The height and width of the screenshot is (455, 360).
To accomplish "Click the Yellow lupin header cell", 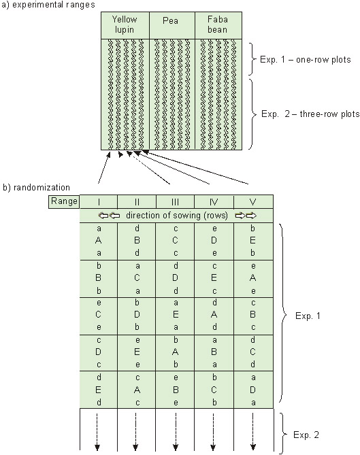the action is pos(125,25).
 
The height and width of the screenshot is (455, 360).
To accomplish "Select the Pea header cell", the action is pos(172,25).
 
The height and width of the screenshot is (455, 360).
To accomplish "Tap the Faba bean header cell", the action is pos(218,25).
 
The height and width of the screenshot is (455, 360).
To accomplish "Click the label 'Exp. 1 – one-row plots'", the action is pos(305,59).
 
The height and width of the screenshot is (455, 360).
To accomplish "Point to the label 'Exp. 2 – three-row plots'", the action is pos(310,114).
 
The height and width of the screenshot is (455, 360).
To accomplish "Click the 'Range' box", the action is pos(64,201).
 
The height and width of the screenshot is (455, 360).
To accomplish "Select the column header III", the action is pos(175,202).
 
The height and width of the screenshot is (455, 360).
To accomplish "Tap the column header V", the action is pos(253,202).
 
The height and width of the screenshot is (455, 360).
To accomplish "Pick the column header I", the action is pos(99,202).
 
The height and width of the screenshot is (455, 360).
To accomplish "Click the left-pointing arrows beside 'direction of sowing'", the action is pos(110,216).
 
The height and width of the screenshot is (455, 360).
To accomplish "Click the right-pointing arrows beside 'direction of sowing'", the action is pos(246,216).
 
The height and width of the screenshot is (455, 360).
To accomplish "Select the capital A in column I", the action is pos(99,240).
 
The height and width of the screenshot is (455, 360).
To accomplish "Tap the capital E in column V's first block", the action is pos(253,240).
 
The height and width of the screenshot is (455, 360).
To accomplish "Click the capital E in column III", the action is pos(176,314).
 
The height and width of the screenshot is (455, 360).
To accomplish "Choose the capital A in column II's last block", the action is pos(137,390).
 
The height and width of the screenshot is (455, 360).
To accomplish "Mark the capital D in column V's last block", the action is pos(253,390).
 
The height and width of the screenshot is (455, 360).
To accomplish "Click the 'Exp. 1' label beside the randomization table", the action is pos(308,316).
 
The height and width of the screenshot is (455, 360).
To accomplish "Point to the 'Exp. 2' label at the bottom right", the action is pos(306,435).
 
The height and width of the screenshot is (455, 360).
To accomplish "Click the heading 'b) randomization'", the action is pos(36,188).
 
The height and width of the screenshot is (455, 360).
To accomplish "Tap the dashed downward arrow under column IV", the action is pos(214,432).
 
